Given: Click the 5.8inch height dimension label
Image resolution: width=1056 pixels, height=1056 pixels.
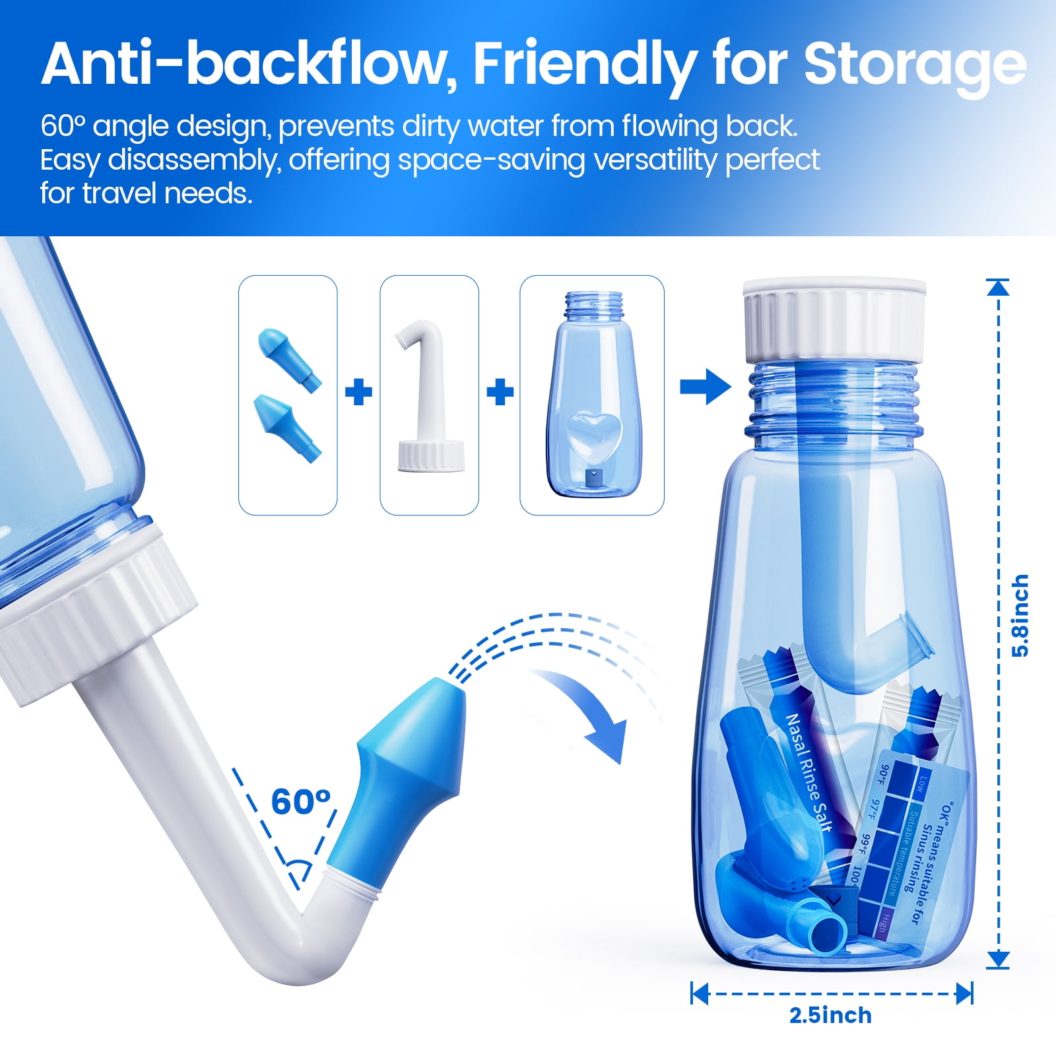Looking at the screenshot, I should coord(1020,615).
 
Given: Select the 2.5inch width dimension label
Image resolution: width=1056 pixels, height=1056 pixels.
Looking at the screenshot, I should coord(830,1015).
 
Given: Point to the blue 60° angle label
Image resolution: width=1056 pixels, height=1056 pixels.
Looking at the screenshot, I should coord(300,802).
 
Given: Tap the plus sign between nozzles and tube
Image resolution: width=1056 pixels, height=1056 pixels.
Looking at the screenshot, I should coord(358,392).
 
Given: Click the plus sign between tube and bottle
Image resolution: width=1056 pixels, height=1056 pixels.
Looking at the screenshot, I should coord(500,392).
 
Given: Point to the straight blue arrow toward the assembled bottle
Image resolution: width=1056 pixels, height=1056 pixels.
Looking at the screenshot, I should coord(705,386).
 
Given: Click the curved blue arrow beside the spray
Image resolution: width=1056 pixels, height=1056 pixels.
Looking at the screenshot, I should coord(587,713).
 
